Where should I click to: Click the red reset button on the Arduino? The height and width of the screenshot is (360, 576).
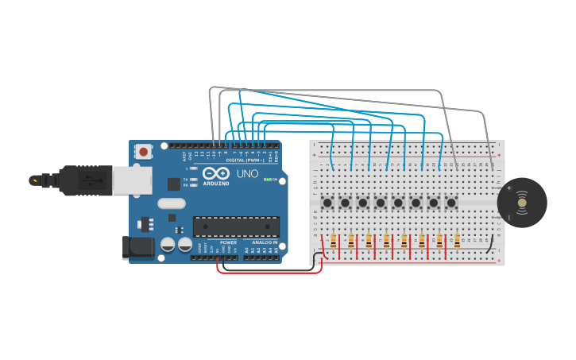click(143, 151)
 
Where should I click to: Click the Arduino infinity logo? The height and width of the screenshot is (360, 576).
click(215, 173)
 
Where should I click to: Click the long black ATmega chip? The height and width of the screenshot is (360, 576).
click(236, 226)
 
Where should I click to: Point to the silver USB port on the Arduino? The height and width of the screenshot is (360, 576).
click(131, 180)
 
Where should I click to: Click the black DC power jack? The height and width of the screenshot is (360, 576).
click(138, 246)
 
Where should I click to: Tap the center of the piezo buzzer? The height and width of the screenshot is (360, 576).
click(522, 203)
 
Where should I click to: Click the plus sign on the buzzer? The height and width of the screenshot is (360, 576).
click(509, 188)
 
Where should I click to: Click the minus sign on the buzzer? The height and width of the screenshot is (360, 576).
click(509, 217)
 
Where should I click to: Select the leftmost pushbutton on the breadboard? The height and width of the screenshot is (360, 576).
click(327, 203)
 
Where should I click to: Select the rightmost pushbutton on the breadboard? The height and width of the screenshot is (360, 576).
click(451, 203)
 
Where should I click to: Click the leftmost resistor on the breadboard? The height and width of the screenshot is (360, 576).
click(334, 242)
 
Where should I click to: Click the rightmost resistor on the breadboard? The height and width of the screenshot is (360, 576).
click(457, 242)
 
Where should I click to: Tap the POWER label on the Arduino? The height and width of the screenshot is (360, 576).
click(228, 242)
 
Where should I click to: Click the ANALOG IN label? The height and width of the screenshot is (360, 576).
click(265, 242)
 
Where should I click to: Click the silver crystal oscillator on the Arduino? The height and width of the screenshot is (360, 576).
click(171, 203)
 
